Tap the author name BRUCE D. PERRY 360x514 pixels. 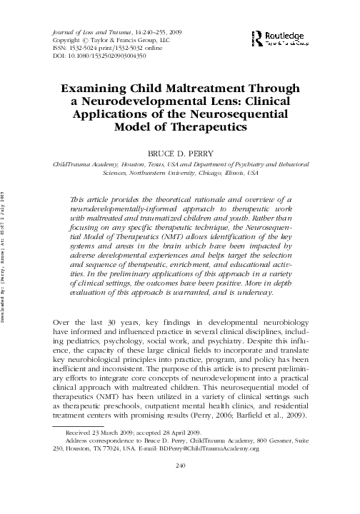click(180, 153)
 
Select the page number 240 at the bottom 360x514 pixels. click(180, 487)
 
